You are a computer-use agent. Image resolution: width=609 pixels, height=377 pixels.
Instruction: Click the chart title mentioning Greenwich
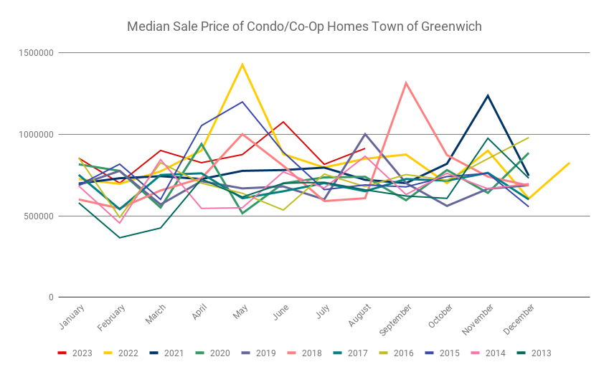[304, 27]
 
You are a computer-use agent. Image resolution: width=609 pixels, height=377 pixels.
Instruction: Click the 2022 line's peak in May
[242, 65]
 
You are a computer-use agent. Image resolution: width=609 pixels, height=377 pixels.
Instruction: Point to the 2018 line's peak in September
[406, 83]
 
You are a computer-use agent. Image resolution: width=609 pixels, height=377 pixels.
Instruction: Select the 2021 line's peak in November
[488, 95]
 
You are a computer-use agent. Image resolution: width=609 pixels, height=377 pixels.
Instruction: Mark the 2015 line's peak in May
[242, 102]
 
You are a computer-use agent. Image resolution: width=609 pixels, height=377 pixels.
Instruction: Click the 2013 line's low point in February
[120, 237]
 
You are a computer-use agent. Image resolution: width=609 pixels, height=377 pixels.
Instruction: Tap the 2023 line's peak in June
[283, 122]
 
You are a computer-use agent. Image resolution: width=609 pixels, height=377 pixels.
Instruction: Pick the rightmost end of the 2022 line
[570, 163]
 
